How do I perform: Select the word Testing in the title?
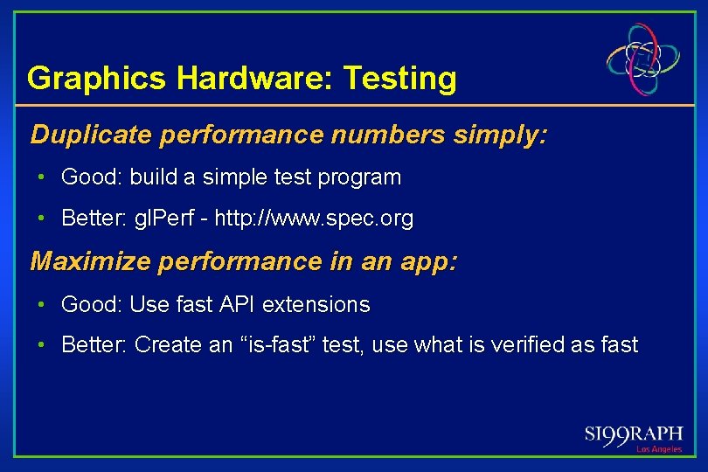point(399,79)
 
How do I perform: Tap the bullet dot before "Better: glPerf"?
point(41,219)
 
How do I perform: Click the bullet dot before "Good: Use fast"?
point(41,305)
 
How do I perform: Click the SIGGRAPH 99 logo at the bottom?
point(633,434)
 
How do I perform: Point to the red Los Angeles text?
point(658,449)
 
